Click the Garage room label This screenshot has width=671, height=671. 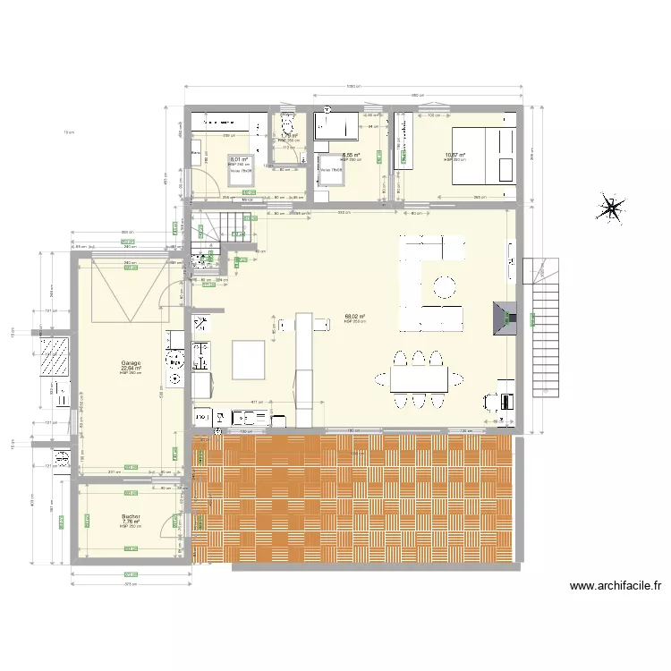(132, 362)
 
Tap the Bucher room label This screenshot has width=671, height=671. (132, 516)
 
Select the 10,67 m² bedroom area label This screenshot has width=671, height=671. (455, 155)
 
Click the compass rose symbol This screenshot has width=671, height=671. (611, 208)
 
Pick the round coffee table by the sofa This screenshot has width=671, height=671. (444, 287)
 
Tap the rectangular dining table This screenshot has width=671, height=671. (419, 380)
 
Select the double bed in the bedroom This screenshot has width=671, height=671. (483, 154)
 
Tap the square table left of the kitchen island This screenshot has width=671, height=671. (250, 361)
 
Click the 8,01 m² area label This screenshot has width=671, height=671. (238, 160)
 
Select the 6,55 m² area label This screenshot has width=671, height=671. (350, 155)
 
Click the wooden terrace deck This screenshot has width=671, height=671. (358, 501)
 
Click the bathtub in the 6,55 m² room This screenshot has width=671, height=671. (333, 125)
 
